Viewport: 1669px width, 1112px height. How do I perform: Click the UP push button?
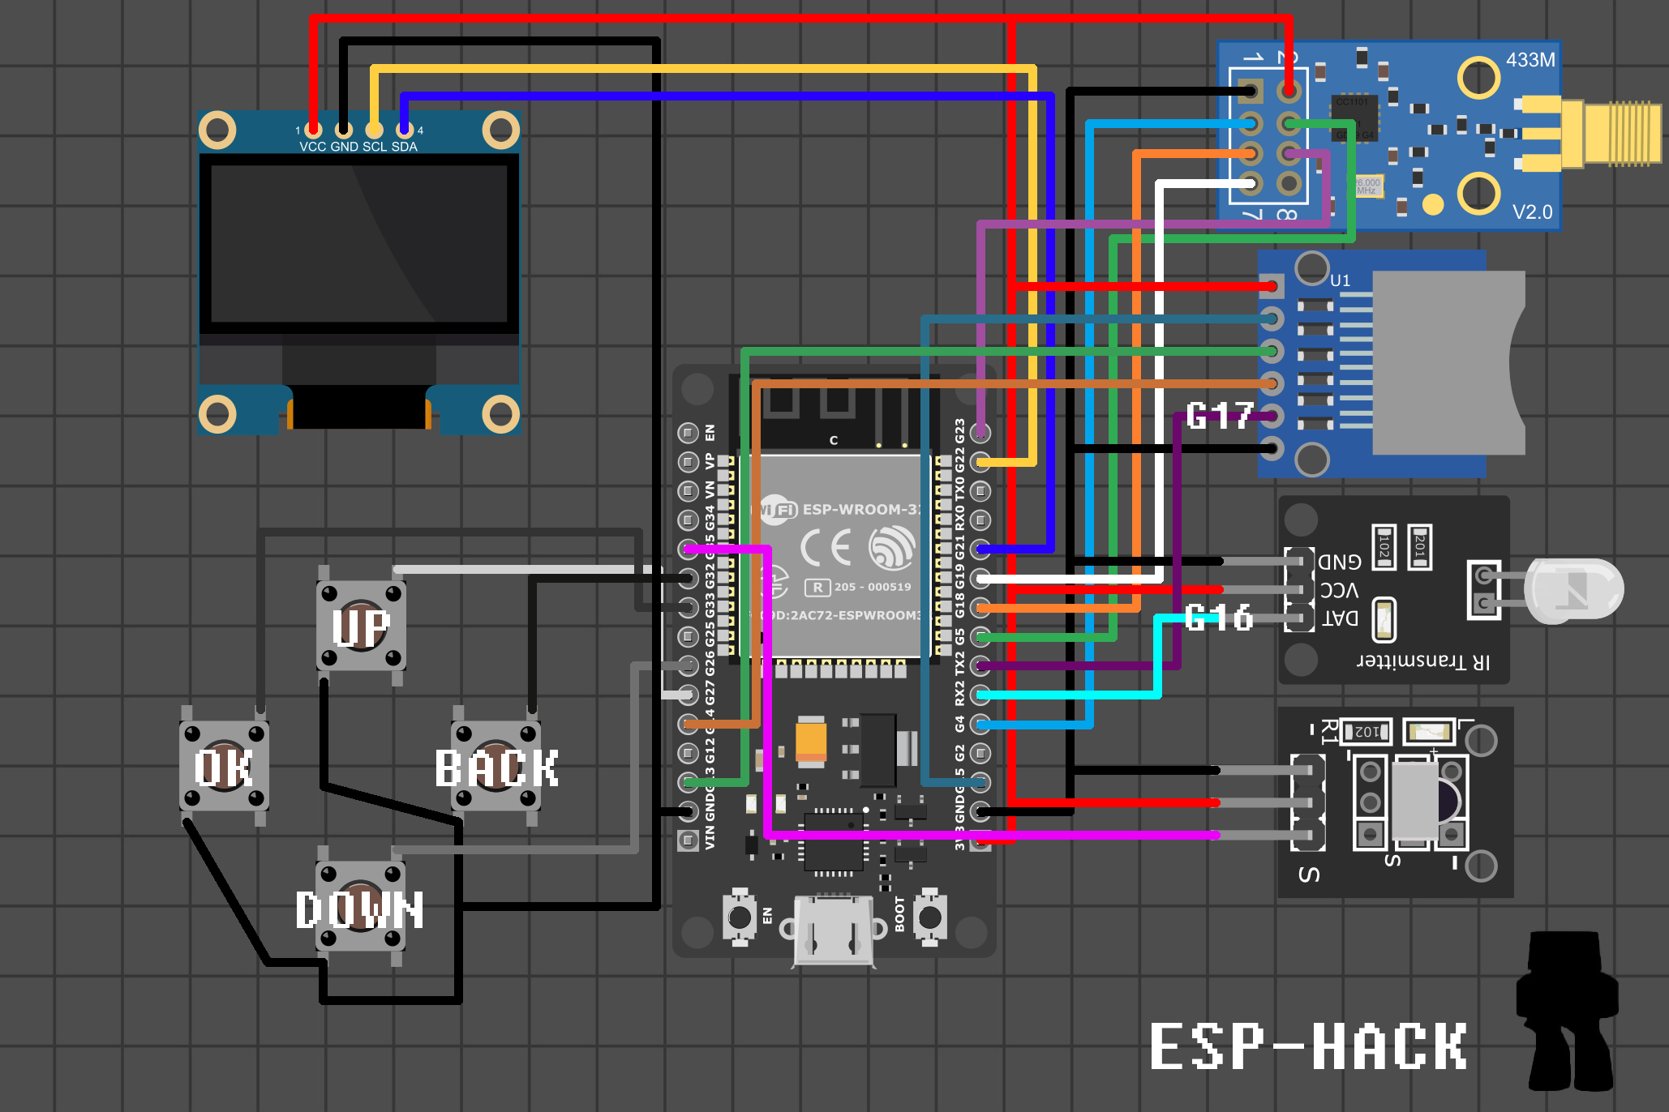(x=361, y=626)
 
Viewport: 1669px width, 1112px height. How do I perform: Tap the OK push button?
(x=224, y=766)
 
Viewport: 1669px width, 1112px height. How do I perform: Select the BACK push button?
(x=496, y=766)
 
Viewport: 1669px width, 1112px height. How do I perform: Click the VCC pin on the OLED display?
(x=313, y=130)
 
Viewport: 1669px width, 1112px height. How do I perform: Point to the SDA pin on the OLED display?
(x=404, y=130)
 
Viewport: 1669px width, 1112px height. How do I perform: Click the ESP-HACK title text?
(x=1307, y=1046)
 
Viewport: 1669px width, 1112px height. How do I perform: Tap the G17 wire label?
(x=1219, y=416)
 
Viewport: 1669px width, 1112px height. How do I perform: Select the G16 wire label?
(x=1218, y=618)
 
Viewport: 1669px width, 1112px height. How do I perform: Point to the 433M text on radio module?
(x=1530, y=60)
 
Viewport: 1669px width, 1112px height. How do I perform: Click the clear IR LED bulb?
(x=1573, y=590)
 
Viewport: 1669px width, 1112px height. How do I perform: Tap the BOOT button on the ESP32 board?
(x=929, y=917)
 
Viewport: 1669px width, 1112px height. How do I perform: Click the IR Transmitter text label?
(x=1423, y=661)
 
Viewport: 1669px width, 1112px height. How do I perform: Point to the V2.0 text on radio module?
(x=1532, y=212)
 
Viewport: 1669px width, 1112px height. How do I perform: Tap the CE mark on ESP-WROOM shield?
(x=826, y=548)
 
